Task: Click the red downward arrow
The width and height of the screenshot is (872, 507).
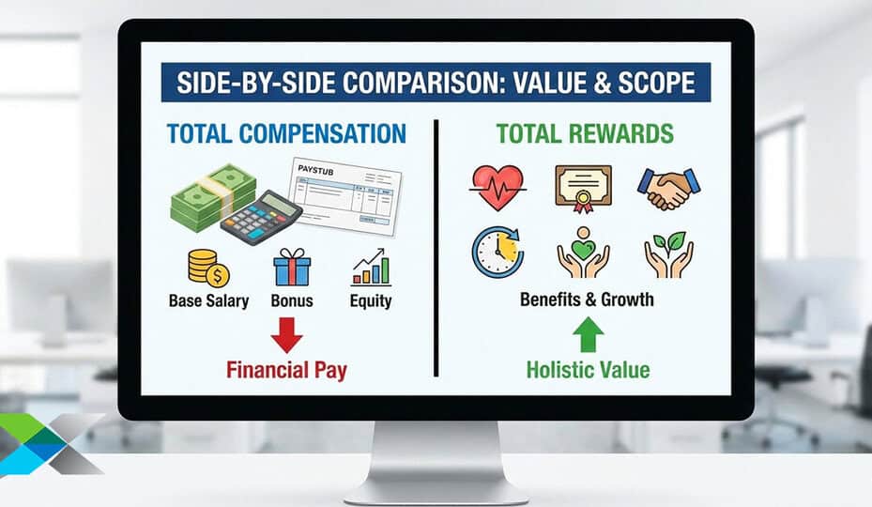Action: tap(286, 333)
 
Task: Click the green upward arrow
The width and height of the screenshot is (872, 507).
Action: tap(588, 333)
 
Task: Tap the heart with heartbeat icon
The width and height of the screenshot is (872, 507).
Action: tap(497, 187)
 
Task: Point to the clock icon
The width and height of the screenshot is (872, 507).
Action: tap(497, 250)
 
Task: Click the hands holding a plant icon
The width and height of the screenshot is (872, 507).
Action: tap(668, 253)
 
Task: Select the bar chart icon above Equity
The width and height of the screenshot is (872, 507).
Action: tap(371, 268)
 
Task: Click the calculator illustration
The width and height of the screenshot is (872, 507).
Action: tap(261, 217)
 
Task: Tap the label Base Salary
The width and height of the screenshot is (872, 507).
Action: tap(209, 300)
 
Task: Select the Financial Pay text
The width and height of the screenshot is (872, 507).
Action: tap(286, 370)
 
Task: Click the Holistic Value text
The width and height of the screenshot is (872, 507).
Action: tap(588, 369)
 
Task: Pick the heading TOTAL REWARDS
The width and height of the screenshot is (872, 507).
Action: tap(585, 133)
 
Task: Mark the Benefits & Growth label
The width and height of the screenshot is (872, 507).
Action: tap(587, 300)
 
